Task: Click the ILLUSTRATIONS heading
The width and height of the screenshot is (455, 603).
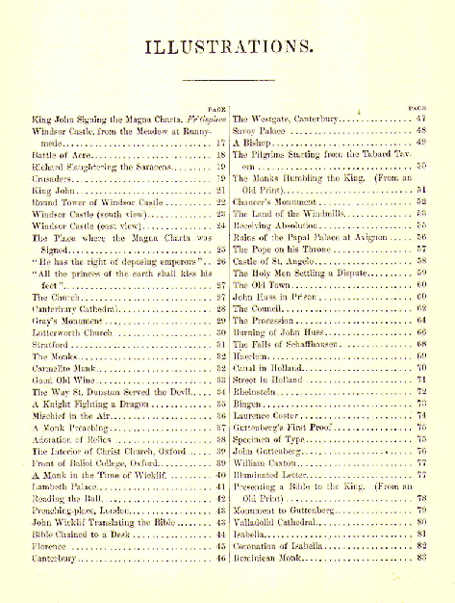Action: [227, 45]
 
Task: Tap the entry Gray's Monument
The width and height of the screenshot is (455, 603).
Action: [63, 318]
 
